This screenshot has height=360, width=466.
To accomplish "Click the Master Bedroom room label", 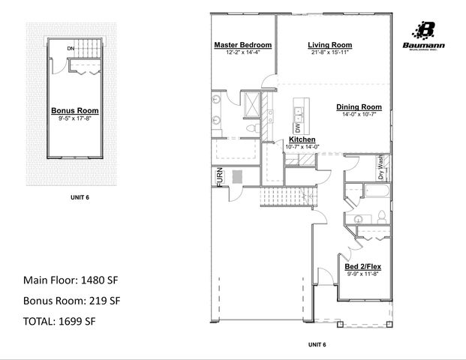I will pos(242,45).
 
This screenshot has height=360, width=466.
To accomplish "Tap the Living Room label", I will pos(330,45).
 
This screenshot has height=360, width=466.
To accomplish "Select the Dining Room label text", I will pos(359,106).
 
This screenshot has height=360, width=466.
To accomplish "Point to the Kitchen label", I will pos(302,139).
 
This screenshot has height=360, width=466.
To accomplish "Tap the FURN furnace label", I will pos(220,177).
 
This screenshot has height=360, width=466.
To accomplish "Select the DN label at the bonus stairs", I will pos(70,49).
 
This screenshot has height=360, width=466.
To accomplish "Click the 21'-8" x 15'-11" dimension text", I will pos(330,52).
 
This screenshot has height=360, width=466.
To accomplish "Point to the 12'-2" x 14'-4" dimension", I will pos(242,52).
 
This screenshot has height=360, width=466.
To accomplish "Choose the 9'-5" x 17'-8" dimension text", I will pos(74,118).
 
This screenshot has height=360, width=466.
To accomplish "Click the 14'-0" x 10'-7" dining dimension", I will pos(359,114).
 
